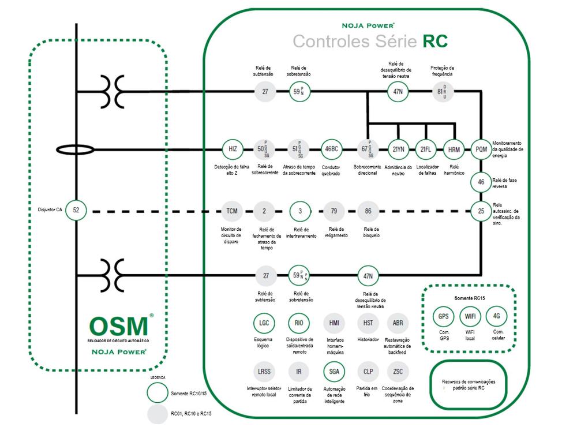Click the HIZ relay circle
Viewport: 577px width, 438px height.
click(233, 149)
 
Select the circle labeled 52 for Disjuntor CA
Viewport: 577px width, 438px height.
click(76, 211)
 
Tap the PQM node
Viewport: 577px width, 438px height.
click(481, 149)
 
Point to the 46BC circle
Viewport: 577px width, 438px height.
click(332, 149)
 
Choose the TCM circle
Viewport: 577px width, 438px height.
click(232, 211)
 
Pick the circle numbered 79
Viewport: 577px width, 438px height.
click(334, 211)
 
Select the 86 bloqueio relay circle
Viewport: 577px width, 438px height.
click(368, 211)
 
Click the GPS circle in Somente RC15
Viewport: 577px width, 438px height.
click(444, 317)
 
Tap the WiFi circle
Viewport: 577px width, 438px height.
click(470, 317)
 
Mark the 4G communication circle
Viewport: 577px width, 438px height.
click(496, 317)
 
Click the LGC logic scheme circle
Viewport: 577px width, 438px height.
click(264, 323)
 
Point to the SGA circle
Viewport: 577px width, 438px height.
click(334, 372)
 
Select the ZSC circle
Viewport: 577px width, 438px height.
click(398, 372)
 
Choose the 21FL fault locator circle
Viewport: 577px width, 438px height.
click(425, 149)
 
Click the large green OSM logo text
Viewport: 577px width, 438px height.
click(118, 326)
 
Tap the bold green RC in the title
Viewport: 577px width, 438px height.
click(435, 42)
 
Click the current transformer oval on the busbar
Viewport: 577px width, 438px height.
click(76, 150)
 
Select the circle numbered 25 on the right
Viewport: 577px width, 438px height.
click(481, 211)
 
